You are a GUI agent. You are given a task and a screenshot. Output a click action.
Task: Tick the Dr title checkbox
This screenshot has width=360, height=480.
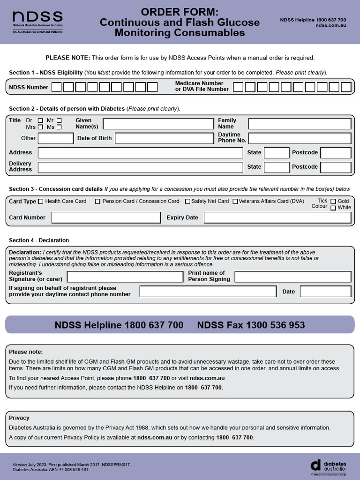pos(40,120)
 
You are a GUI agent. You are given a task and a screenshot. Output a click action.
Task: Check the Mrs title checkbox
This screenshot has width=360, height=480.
pos(40,127)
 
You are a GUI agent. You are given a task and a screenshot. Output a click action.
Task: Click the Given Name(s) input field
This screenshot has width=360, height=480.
pos(158,124)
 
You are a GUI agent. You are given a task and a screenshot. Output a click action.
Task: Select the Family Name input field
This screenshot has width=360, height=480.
pos(300,124)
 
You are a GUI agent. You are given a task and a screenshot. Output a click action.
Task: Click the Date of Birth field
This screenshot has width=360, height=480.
pos(164,138)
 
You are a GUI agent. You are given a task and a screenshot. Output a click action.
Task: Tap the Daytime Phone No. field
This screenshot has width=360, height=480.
pos(300,138)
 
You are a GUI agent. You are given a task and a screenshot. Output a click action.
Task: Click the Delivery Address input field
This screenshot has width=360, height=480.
pos(140,167)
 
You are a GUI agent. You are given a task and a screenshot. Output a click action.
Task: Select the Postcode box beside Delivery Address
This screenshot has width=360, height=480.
pos(336,167)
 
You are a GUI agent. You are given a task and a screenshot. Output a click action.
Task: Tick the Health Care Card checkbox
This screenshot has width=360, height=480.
pos(40,202)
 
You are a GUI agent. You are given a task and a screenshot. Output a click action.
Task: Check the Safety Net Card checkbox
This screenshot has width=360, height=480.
pos(187,202)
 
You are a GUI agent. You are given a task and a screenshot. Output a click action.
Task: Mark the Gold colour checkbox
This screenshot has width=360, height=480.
pos(333,202)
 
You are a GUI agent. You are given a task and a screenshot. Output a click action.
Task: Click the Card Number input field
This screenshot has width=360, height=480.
pos(106,217)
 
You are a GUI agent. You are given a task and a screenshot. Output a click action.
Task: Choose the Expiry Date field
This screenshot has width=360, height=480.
pos(277,217)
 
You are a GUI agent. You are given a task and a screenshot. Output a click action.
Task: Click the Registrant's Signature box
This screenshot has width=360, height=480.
pos(125,277)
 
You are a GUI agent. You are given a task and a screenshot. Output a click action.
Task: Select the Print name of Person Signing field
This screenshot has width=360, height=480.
pos(292,277)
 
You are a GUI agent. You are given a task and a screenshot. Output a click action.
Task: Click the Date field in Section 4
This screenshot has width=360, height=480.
pos(325,292)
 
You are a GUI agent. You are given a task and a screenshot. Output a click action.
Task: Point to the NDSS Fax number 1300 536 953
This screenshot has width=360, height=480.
pos(251,325)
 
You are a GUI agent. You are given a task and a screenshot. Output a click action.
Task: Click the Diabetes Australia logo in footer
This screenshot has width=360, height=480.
pos(328,465)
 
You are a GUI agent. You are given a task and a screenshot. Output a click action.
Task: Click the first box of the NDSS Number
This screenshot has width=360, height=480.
pos(56,87)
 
